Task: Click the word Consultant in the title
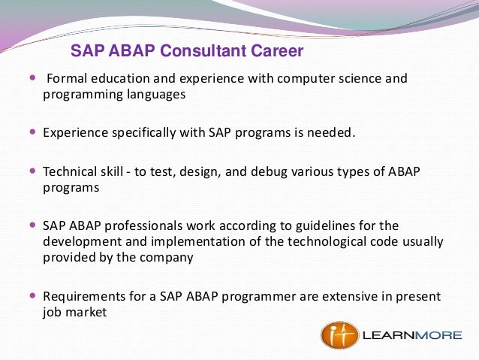[x=203, y=52]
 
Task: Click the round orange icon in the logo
[x=339, y=335]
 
